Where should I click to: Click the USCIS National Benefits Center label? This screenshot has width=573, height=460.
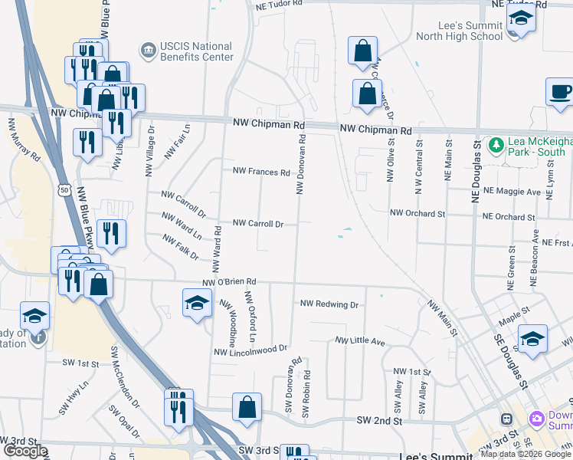pos(197,51)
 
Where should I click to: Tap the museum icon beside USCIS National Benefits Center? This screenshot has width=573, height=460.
pos(146,51)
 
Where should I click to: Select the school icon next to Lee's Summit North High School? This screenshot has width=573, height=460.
pos(521,20)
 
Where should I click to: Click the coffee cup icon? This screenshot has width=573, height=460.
pos(561,92)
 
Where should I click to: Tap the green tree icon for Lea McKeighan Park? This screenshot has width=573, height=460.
pos(496,145)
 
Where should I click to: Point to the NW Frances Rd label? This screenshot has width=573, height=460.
pos(261,172)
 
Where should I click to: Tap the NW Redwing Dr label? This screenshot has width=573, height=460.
pos(329,304)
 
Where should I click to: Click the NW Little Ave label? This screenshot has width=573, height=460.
pos(359,340)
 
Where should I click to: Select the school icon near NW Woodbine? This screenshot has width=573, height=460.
pos(197,304)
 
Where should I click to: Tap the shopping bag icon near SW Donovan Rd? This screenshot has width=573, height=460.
pos(247,408)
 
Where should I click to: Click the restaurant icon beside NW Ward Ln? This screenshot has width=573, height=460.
pos(112,235)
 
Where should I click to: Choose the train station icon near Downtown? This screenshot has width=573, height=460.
pos(506,419)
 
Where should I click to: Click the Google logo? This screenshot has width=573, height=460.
pos(25,452)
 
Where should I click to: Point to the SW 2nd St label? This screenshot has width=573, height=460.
pos(379,421)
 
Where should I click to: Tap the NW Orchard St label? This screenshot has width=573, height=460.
pos(417,213)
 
